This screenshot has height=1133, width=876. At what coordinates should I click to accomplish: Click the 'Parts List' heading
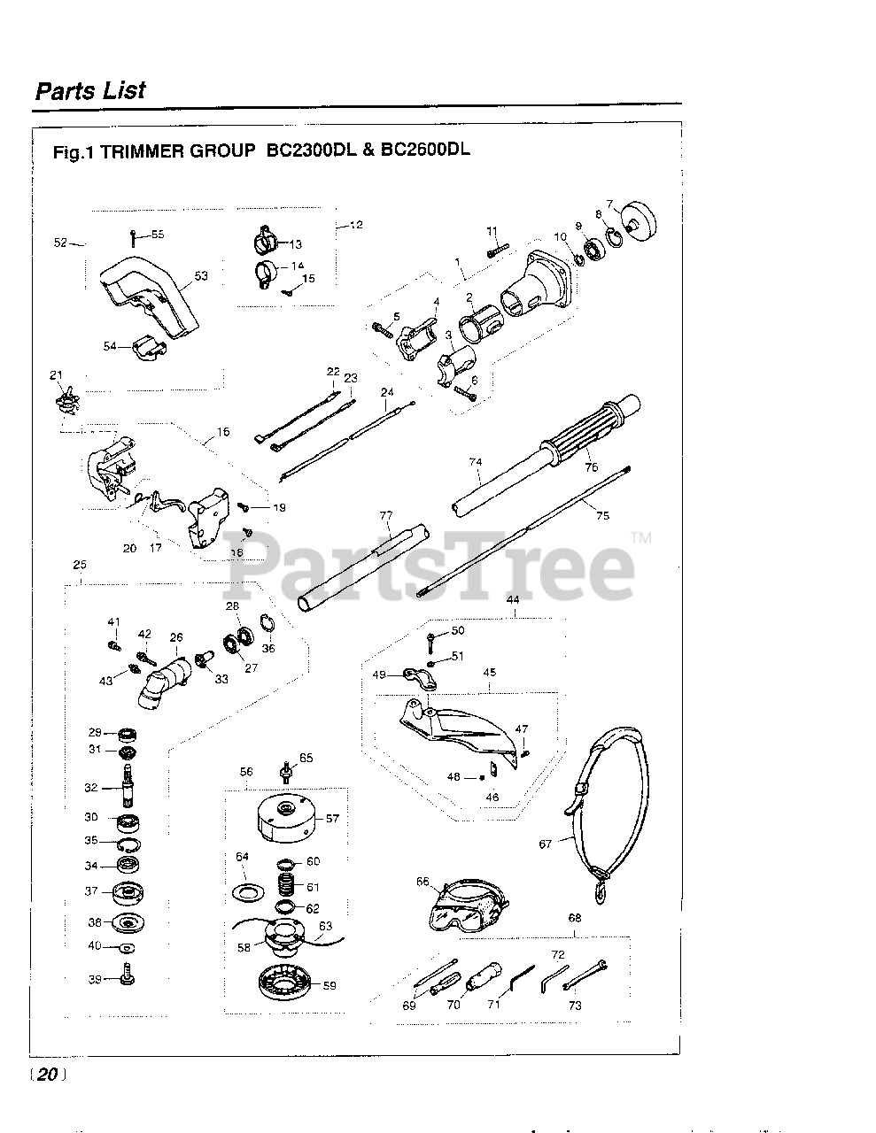coord(89,90)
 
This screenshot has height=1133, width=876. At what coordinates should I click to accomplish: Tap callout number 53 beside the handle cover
coord(201,276)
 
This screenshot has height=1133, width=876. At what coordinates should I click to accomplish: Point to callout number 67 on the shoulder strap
coord(545,844)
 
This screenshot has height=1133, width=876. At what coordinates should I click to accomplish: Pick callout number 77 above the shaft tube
coord(385,515)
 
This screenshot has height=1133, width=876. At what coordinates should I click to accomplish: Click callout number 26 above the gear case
coord(176,637)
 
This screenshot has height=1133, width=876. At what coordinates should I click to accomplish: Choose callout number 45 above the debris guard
coord(490,672)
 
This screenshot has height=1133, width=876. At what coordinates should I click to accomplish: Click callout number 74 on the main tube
coord(476,462)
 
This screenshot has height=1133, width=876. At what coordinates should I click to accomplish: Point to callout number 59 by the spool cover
coord(329,984)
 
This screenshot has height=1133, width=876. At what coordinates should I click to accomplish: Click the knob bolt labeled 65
coord(285,771)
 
